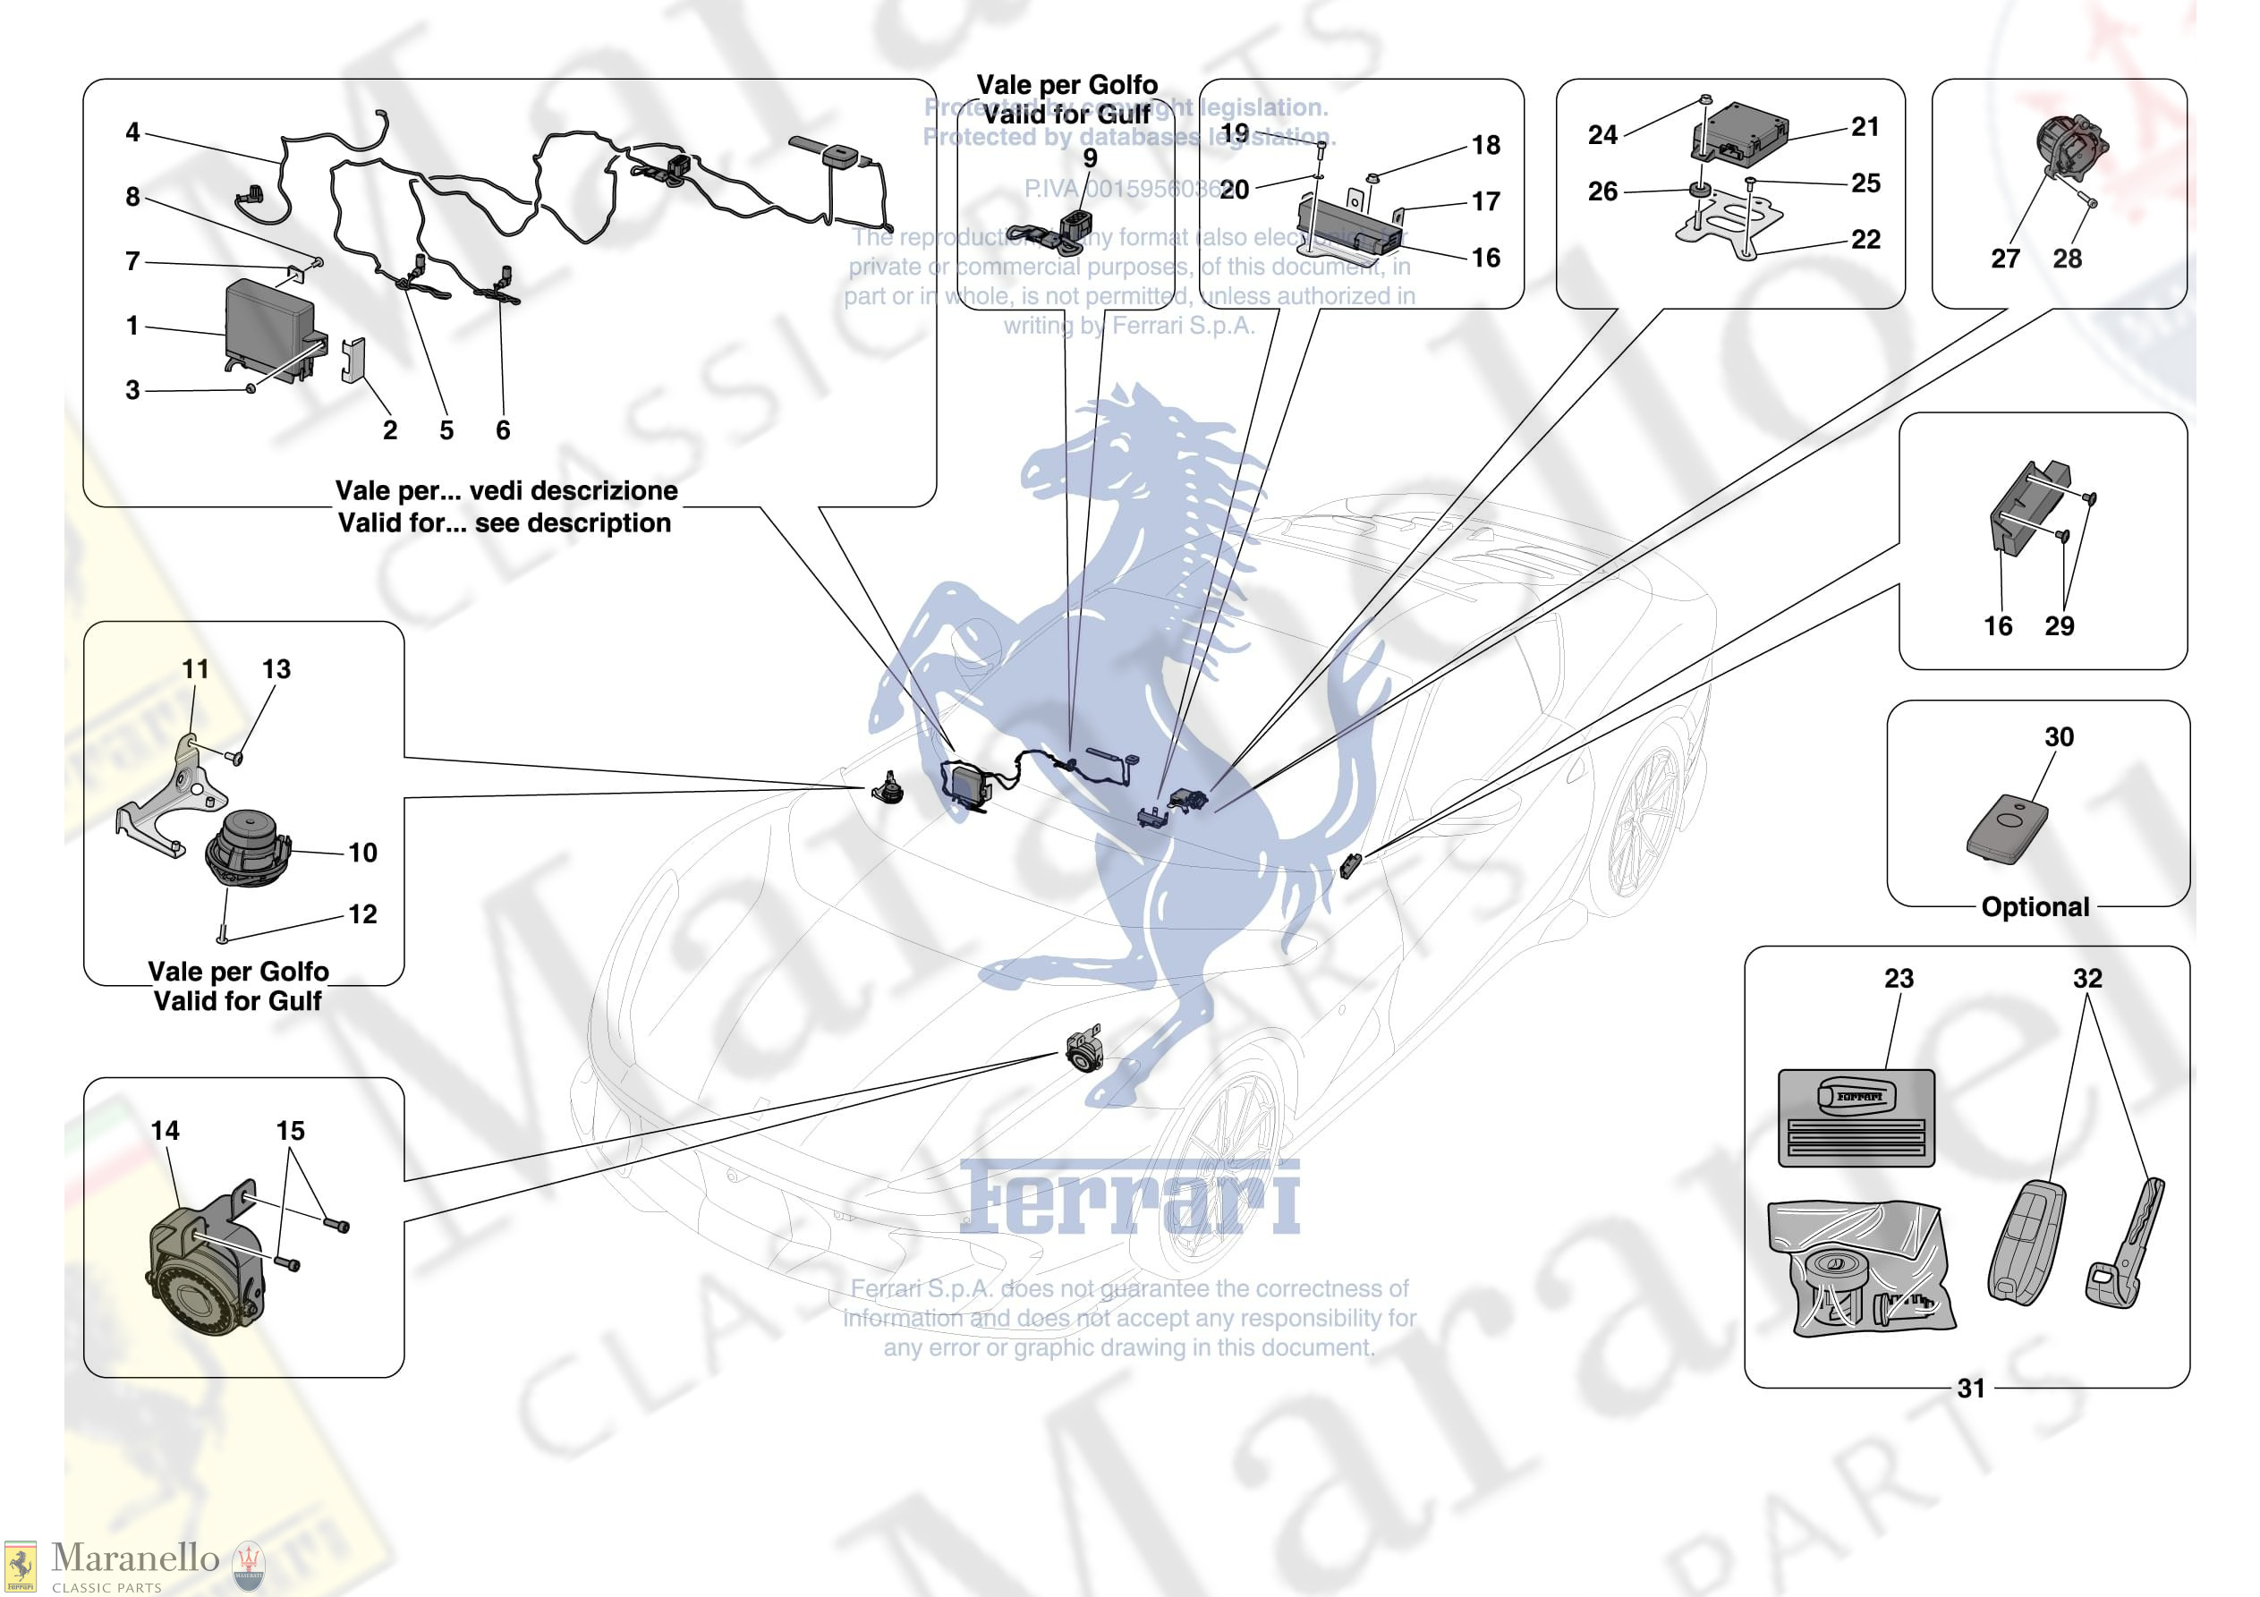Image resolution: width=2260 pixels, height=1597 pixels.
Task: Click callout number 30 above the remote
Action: click(x=2058, y=736)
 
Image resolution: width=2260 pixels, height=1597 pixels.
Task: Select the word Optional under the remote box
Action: click(x=2035, y=907)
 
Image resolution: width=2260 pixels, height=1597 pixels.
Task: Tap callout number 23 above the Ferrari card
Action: click(x=1899, y=978)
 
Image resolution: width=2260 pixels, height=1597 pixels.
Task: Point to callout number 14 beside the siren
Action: click(x=166, y=1130)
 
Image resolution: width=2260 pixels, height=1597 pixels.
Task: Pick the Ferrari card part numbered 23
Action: click(x=1856, y=1117)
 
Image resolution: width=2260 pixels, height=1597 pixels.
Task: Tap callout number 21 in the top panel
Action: click(x=1865, y=126)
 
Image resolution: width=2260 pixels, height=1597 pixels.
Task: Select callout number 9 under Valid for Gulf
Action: click(x=1090, y=157)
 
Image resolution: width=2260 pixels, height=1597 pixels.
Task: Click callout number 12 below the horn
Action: click(x=362, y=913)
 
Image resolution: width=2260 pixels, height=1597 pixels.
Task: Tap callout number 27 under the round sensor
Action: click(x=2005, y=258)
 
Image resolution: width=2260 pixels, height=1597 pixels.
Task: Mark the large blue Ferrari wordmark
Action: click(x=1129, y=1197)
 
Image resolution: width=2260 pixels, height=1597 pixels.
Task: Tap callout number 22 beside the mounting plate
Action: click(x=1865, y=239)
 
